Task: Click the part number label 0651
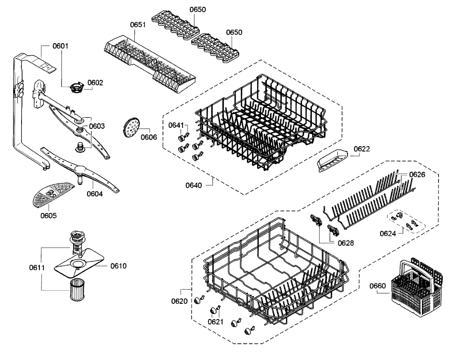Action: click(x=137, y=25)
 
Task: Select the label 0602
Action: click(x=95, y=82)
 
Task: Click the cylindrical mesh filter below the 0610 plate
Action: click(x=77, y=290)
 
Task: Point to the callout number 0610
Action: click(x=119, y=266)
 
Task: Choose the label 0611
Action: click(x=37, y=267)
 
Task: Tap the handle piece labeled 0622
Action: click(x=331, y=159)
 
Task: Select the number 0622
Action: click(x=362, y=149)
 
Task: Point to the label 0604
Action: click(x=95, y=194)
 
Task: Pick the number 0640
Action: click(x=194, y=185)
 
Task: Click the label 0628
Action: click(x=346, y=243)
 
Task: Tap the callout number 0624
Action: click(x=388, y=233)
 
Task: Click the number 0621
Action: click(x=216, y=322)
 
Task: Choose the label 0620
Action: click(x=179, y=301)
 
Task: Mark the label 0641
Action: click(x=176, y=125)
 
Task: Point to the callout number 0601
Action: click(x=60, y=46)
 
